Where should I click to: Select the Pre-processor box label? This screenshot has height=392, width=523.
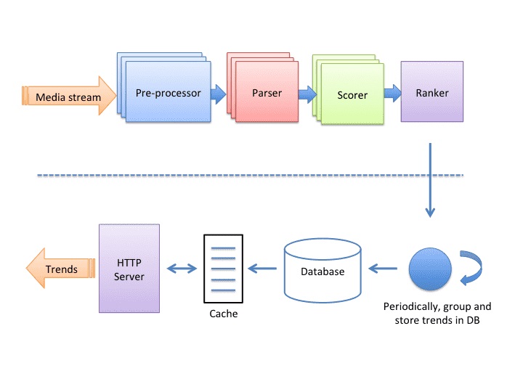168,92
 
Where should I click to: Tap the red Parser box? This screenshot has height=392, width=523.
267,93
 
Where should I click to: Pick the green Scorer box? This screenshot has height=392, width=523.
352,95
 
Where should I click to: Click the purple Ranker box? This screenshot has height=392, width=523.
431,92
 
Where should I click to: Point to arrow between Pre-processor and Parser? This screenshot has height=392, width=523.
217,93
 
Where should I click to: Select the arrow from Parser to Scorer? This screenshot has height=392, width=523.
307,93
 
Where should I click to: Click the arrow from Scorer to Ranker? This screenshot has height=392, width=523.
392,93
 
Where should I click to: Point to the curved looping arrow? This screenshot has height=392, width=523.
469,268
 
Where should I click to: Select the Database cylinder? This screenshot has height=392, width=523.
322,271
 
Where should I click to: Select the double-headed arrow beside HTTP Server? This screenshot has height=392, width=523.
182,269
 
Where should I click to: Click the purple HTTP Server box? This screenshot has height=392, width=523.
129,269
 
